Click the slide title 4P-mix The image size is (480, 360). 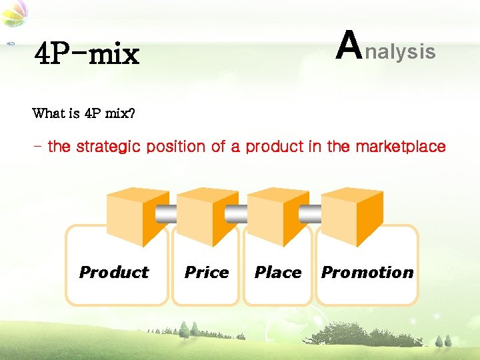point(87,54)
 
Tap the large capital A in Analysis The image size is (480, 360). point(349,45)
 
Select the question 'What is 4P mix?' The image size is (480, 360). point(83,113)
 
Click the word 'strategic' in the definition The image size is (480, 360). point(108,147)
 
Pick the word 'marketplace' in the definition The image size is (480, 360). point(401,147)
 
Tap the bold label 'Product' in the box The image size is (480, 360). point(114,272)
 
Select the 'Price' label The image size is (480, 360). point(206,272)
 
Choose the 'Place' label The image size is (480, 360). point(277,272)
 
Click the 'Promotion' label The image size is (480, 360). point(367,272)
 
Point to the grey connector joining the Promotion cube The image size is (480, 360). point(310,213)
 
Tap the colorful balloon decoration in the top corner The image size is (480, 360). point(15,13)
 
